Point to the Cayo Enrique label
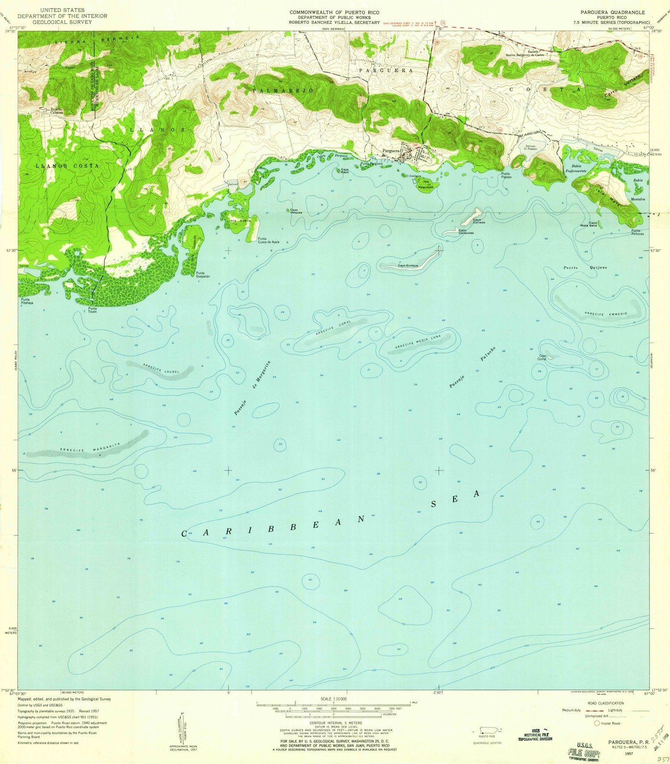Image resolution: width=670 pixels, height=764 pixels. pos(408,265)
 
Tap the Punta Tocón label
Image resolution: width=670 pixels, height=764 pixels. pos(93,310)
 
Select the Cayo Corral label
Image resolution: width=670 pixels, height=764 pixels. pos(542,357)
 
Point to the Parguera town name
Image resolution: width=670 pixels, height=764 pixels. pos(391,151)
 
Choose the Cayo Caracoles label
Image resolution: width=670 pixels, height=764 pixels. pos(466,232)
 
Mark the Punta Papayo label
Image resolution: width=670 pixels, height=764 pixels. pos(507,175)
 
